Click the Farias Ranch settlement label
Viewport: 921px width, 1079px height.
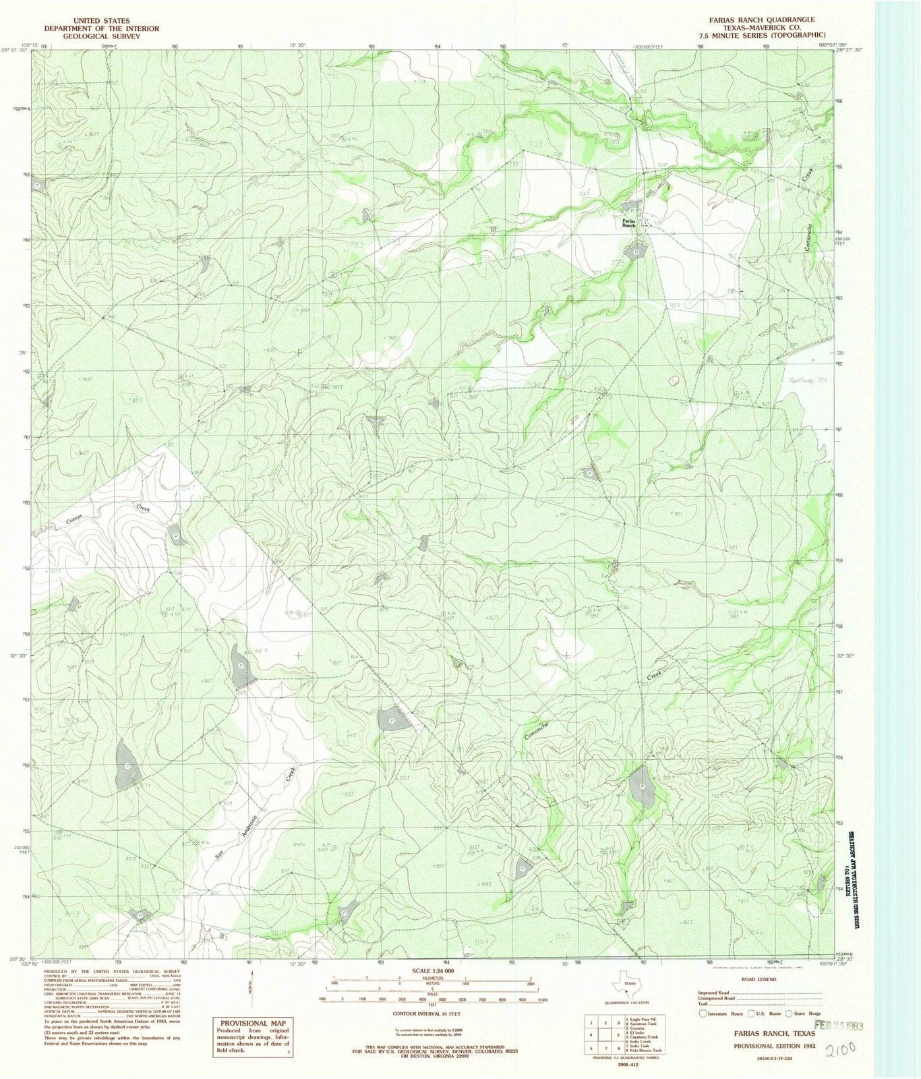628,223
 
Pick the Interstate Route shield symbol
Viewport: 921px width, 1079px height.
704,1014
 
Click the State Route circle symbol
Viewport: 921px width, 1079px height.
790,1014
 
